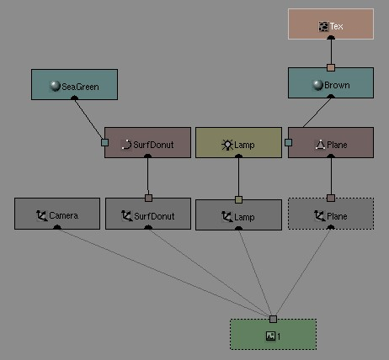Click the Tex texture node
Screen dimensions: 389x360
(331, 24)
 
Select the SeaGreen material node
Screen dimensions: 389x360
(74, 84)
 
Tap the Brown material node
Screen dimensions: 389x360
(331, 82)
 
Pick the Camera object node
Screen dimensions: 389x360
(57, 214)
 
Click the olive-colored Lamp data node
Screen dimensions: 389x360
(238, 143)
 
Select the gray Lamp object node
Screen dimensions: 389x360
(238, 214)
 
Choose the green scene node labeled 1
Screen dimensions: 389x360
(273, 334)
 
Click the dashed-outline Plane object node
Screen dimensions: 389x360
(331, 214)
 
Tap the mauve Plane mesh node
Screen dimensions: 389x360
(331, 143)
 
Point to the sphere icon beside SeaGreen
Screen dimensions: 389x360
(55, 86)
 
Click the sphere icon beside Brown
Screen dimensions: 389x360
(317, 85)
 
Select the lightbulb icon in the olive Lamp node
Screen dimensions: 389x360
(227, 145)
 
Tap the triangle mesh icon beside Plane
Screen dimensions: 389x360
(320, 145)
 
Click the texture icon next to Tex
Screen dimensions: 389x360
(323, 26)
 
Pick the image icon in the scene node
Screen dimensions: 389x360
(270, 336)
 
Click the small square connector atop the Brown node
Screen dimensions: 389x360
(331, 67)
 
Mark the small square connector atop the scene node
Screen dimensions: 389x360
(273, 319)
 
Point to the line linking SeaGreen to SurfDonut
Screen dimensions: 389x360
(88, 119)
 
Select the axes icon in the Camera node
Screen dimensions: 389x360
(42, 216)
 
